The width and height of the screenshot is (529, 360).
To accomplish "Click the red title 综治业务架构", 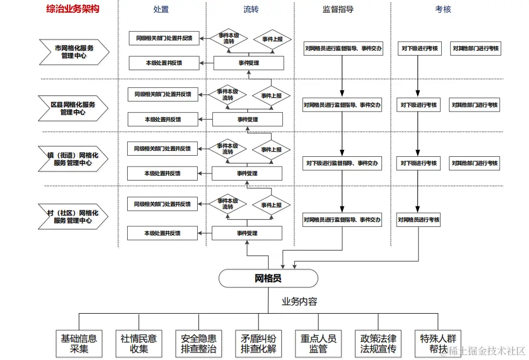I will click(x=73, y=9).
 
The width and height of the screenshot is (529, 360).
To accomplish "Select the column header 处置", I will click(x=161, y=9).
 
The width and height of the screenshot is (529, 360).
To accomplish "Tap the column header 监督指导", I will click(x=338, y=9).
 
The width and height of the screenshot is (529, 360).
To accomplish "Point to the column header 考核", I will click(x=443, y=9).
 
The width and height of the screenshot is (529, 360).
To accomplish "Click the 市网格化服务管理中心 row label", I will click(x=74, y=51).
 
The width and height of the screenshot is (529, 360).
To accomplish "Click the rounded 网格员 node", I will click(x=268, y=278).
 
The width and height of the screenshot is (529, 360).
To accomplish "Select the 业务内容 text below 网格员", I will click(x=300, y=302).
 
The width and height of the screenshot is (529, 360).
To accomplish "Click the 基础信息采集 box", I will click(x=79, y=343).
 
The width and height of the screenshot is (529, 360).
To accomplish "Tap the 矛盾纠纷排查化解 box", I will click(x=259, y=343).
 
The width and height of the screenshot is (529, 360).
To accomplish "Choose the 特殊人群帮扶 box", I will click(x=438, y=343).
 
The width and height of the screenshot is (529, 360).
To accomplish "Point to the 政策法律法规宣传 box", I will click(x=378, y=343).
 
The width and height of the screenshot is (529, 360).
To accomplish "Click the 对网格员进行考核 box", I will click(x=419, y=219).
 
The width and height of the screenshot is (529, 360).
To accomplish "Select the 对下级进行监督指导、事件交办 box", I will click(x=342, y=163).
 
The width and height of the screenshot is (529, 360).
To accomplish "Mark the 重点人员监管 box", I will click(x=318, y=343).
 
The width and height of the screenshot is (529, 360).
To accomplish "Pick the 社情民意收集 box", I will click(x=138, y=343).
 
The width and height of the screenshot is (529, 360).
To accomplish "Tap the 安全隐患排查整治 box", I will click(x=199, y=343).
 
